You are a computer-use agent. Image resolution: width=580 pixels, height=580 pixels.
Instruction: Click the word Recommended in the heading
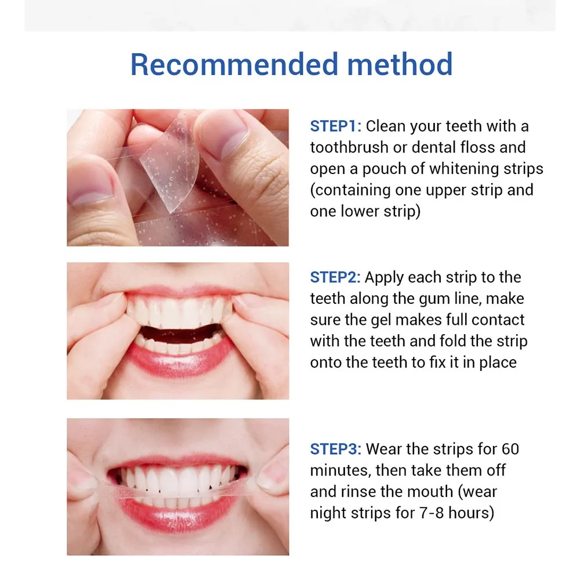click(x=234, y=64)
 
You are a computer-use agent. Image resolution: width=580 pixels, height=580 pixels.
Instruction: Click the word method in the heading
click(x=400, y=64)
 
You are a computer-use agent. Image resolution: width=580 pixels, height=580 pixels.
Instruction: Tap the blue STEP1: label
click(x=335, y=126)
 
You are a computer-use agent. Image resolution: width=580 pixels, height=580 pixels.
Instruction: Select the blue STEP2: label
click(x=335, y=277)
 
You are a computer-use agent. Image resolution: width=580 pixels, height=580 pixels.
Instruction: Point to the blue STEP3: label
click(x=335, y=449)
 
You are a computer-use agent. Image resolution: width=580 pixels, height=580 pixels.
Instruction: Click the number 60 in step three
click(x=510, y=449)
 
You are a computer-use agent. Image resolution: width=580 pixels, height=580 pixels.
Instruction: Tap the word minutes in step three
click(x=340, y=471)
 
